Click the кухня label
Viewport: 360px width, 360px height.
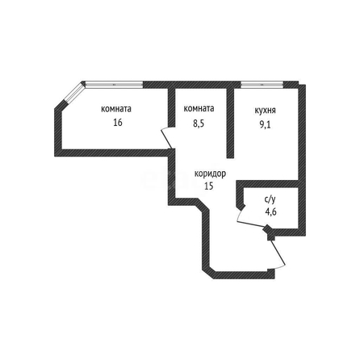(x=265, y=111)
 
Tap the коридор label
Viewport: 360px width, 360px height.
(x=210, y=174)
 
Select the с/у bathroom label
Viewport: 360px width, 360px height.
(x=270, y=199)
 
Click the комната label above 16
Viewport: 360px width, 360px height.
(x=116, y=109)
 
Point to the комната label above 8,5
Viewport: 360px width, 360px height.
(x=199, y=108)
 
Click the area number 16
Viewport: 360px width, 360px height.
(x=118, y=123)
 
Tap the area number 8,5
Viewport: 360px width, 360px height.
(x=199, y=123)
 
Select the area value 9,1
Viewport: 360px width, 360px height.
(x=265, y=125)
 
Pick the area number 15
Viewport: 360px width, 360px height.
(x=209, y=186)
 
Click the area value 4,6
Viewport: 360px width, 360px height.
(x=270, y=212)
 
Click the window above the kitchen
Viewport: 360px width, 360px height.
(x=262, y=85)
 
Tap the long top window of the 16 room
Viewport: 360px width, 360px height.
(x=114, y=85)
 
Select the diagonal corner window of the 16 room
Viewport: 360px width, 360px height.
(x=74, y=93)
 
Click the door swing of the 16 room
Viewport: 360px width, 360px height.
(x=167, y=138)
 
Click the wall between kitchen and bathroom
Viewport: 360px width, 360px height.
(x=267, y=184)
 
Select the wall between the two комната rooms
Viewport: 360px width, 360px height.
(x=172, y=107)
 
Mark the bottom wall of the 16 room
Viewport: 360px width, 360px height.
(x=111, y=153)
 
